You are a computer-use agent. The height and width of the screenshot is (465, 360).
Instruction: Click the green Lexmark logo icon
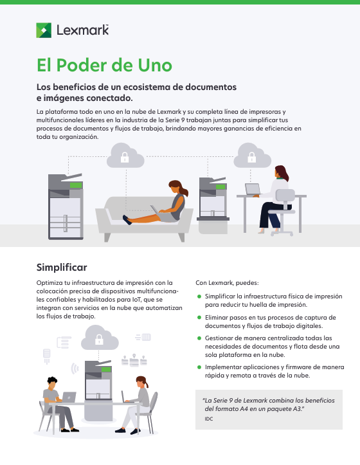pos(44,30)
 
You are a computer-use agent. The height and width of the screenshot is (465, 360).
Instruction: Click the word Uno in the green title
pos(155,65)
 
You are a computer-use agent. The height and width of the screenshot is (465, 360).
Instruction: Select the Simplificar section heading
pos(62,267)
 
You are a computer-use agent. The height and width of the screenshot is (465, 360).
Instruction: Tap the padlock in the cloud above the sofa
pos(125,158)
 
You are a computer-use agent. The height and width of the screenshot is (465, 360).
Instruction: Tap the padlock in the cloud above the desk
pos(252,158)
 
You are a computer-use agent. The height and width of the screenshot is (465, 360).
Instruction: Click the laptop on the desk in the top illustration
pos(253,190)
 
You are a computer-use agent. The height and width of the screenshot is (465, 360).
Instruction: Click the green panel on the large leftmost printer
pos(76,185)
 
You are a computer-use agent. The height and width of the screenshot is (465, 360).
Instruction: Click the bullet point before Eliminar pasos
pos(199,317)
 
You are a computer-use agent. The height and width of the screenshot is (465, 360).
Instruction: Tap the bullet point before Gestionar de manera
pos(199,338)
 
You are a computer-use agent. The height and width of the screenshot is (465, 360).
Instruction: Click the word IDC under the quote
pos(209,419)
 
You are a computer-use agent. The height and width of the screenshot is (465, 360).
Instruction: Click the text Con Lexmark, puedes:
pos(227,283)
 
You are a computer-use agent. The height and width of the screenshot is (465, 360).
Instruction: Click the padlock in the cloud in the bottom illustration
pos(100,340)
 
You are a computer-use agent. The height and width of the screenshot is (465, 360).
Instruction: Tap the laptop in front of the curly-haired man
pos(69,397)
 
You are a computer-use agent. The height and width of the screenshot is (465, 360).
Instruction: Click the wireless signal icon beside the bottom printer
pos(75,369)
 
